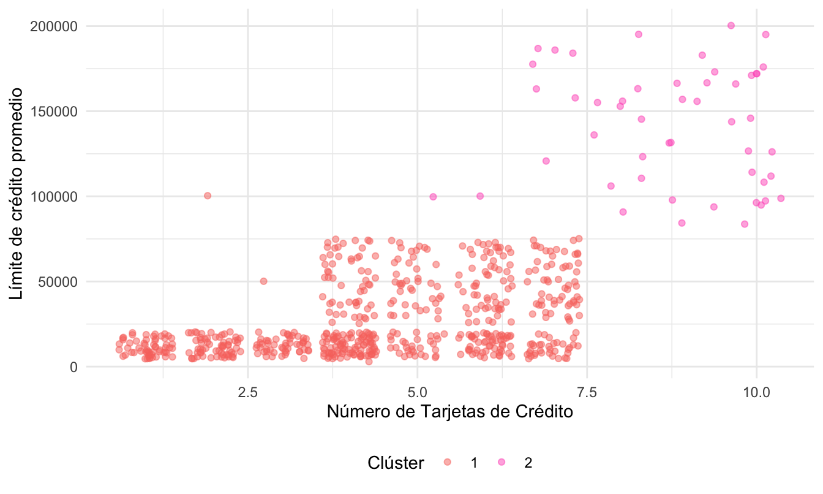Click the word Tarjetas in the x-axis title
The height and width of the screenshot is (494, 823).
[x=456, y=412]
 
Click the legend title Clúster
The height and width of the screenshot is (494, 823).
[x=396, y=463]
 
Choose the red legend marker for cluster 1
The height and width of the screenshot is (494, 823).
[x=448, y=463]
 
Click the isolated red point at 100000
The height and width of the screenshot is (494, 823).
[x=208, y=196]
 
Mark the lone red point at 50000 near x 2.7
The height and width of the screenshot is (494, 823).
[x=263, y=281]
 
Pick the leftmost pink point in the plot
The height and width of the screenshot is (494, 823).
[x=433, y=197]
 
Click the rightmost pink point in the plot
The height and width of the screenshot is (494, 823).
[x=781, y=198]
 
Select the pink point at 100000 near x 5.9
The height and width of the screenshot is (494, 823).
[x=480, y=196]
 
